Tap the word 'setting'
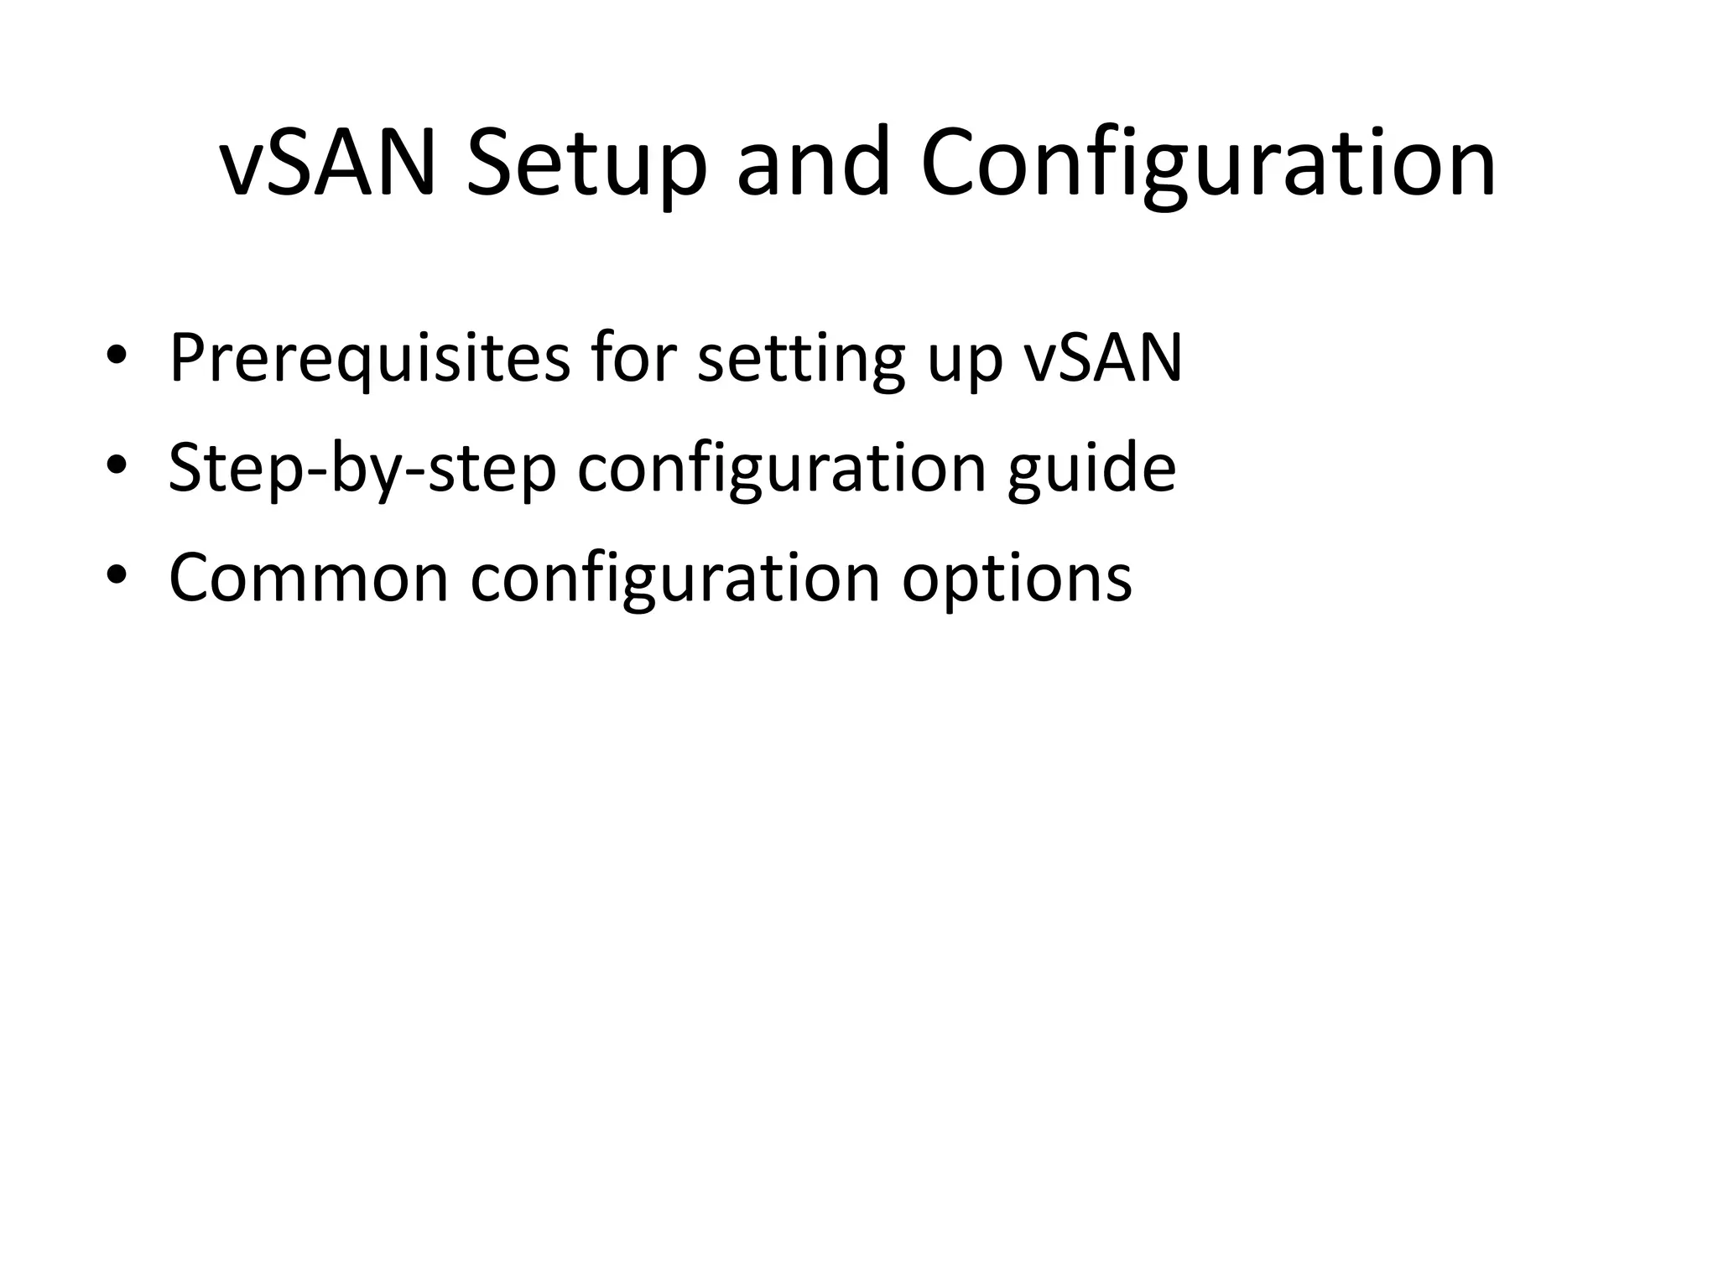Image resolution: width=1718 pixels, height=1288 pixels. point(801,359)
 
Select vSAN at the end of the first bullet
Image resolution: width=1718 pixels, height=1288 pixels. point(1103,359)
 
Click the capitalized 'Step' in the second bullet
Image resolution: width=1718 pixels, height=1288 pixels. point(236,469)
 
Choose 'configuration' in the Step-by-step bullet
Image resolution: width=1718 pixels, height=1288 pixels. point(781,469)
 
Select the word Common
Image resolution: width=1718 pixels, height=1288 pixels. point(309,578)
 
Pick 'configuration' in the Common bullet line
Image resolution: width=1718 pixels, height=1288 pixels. point(674,578)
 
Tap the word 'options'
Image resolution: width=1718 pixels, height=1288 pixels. point(1017,578)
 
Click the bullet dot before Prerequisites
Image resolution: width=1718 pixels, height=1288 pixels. point(117,356)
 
